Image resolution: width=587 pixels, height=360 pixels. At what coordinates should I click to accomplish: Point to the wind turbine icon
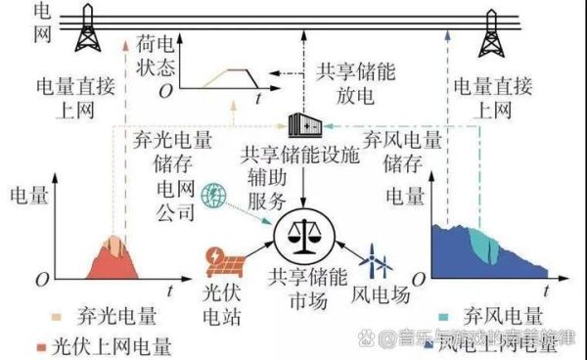(x=378, y=265)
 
